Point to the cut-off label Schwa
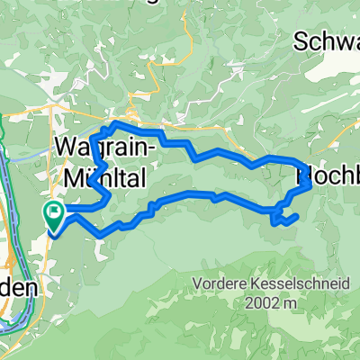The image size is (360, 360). pos(327,41)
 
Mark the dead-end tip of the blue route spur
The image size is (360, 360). pos(297,215)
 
